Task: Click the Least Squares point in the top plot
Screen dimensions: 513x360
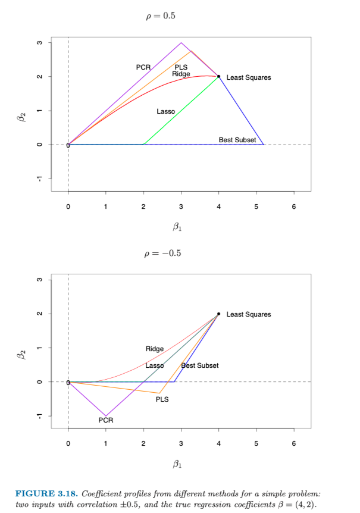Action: pos(218,76)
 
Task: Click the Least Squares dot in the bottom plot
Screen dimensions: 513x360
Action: pos(218,314)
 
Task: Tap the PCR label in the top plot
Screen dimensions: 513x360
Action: pos(143,67)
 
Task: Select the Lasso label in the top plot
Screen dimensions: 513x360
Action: pos(165,111)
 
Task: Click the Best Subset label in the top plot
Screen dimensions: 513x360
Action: pos(237,140)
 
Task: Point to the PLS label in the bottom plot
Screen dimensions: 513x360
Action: pos(162,399)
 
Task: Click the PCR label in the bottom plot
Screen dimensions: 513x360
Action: pos(106,420)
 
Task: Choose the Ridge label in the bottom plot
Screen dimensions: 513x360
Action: pos(155,349)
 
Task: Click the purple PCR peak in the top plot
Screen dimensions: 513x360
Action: pos(181,43)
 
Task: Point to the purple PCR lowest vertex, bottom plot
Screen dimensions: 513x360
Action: pos(106,416)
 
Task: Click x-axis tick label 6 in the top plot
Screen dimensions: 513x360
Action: pos(293,208)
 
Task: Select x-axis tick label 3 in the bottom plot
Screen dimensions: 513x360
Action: pos(181,445)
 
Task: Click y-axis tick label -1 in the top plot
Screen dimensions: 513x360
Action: pos(39,179)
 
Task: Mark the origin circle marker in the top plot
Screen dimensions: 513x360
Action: pos(68,145)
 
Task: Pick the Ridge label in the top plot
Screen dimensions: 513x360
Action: pos(181,74)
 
